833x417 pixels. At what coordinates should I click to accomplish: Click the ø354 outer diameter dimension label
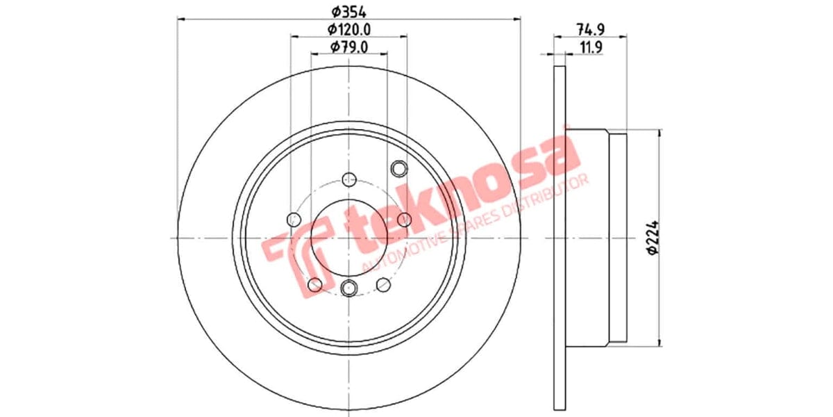point(348,12)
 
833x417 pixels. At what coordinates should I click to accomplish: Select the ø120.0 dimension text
point(348,29)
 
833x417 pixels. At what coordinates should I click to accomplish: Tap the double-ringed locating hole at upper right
point(398,168)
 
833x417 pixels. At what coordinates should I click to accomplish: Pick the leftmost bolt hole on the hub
point(293,220)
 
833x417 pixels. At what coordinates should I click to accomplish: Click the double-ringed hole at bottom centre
point(349,286)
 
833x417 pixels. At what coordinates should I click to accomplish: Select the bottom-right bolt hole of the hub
point(382,284)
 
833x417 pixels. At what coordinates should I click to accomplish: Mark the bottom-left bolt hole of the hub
point(314,284)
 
